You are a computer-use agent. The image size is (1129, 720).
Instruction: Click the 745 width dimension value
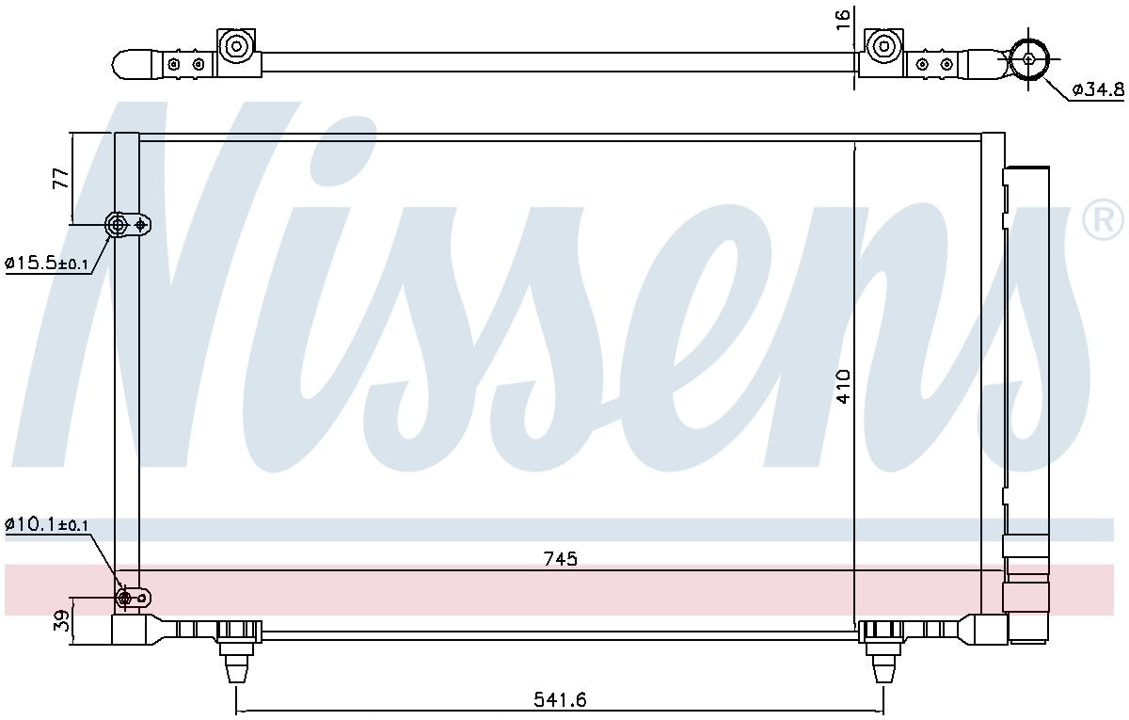point(559,559)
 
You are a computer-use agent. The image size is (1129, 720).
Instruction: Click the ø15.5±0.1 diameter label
point(46,264)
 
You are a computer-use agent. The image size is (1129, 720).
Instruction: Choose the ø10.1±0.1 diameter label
point(46,524)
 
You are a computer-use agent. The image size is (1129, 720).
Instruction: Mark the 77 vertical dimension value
point(60,179)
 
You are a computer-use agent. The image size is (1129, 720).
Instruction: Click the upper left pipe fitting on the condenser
point(119,224)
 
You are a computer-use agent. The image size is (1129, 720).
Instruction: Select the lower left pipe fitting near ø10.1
point(123,598)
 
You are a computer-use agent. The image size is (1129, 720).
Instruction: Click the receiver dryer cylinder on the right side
point(1026,376)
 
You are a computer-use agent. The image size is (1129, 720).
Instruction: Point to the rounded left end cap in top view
point(132,64)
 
